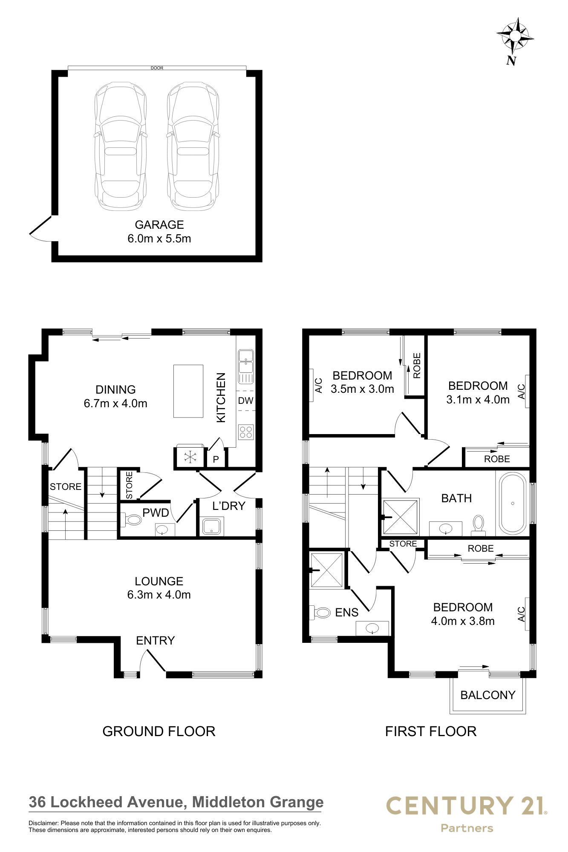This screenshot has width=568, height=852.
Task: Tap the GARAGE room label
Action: point(159,225)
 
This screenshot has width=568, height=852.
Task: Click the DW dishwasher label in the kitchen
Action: point(245,400)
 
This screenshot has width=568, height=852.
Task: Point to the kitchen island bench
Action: point(188,391)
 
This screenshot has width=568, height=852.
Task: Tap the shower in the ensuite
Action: point(327,570)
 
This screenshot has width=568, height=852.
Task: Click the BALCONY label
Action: point(488,695)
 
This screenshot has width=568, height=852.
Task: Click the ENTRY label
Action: point(156,640)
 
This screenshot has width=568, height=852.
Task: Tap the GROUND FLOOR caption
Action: point(159,731)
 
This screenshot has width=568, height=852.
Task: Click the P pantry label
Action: point(216,459)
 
